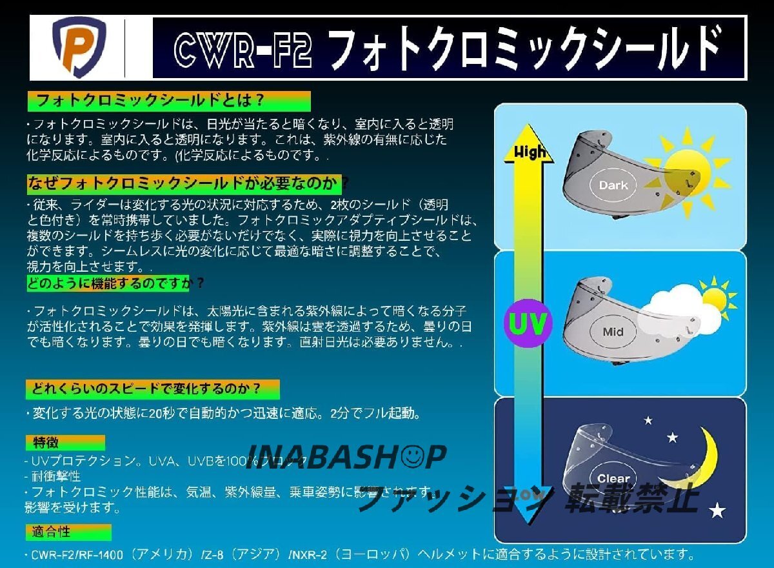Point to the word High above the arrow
(530, 152)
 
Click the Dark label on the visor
(613, 185)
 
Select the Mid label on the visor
(613, 332)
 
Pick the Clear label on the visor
(613, 479)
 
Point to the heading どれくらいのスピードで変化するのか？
(153, 389)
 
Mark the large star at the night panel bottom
(717, 512)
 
